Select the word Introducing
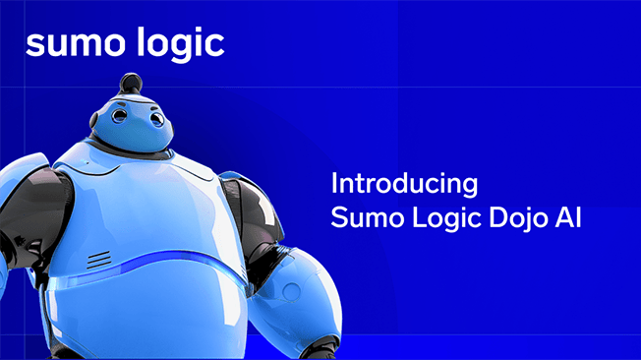[x=404, y=184]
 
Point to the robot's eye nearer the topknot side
[x=118, y=116]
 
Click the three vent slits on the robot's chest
[x=98, y=260]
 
